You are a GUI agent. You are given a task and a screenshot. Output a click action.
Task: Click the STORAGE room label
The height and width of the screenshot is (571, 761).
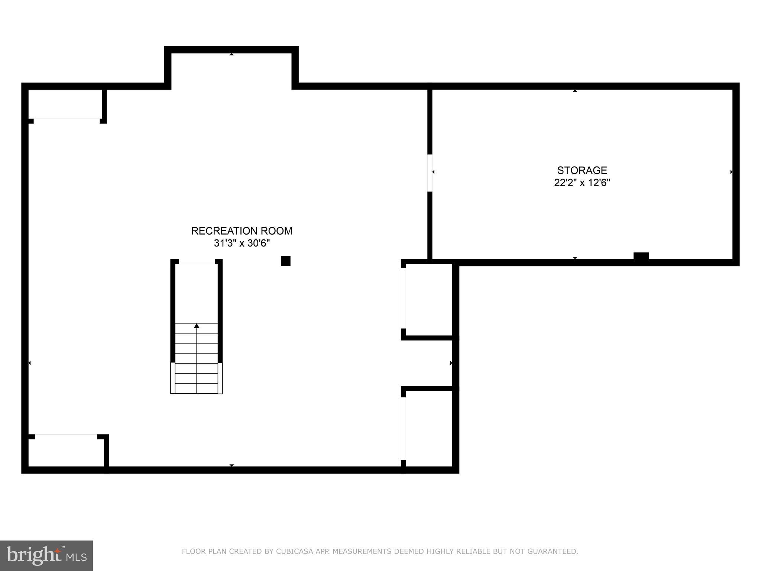pyautogui.click(x=582, y=170)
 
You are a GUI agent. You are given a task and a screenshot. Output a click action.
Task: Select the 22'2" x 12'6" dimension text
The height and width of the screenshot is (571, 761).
pyautogui.click(x=582, y=183)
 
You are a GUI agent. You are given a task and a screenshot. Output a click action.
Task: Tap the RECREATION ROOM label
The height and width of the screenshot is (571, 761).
pyautogui.click(x=242, y=231)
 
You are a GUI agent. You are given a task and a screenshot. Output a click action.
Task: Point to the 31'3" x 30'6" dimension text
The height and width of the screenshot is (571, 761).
pyautogui.click(x=242, y=243)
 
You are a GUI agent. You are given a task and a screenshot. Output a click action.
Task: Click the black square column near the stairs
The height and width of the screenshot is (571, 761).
pyautogui.click(x=285, y=261)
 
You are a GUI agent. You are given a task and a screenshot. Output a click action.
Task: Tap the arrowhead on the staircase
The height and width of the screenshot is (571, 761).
pyautogui.click(x=197, y=326)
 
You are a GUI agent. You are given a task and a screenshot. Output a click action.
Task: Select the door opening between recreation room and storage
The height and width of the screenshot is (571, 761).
pyautogui.click(x=430, y=173)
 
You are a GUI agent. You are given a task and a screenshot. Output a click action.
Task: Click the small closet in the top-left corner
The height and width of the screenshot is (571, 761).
pyautogui.click(x=65, y=104)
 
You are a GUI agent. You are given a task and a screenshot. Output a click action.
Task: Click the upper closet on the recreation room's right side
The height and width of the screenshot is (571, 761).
pyautogui.click(x=429, y=300)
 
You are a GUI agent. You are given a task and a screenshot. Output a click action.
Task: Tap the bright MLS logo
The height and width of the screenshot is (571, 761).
pyautogui.click(x=46, y=556)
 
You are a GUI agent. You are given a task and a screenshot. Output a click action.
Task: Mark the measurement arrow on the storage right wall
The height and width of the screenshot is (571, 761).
pyautogui.click(x=731, y=172)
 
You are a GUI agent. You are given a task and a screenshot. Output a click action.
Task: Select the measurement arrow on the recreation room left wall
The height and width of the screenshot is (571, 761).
pyautogui.click(x=30, y=363)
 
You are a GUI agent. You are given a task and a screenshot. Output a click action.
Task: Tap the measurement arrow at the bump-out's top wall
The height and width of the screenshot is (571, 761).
pyautogui.click(x=231, y=54)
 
